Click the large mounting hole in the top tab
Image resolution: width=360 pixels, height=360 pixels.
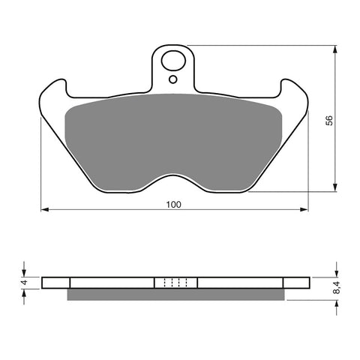coord(175,61)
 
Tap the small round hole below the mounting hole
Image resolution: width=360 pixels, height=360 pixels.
coord(173,79)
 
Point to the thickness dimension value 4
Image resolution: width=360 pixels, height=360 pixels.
coord(23,283)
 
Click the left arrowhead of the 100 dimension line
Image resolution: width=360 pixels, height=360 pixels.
coord(43,209)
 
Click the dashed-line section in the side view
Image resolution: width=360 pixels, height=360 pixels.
coord(175,283)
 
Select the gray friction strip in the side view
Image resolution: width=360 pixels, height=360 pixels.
coord(176,294)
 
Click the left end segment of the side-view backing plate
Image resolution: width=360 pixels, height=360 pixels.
coord(55,283)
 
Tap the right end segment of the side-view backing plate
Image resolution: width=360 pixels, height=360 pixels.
coord(297,283)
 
